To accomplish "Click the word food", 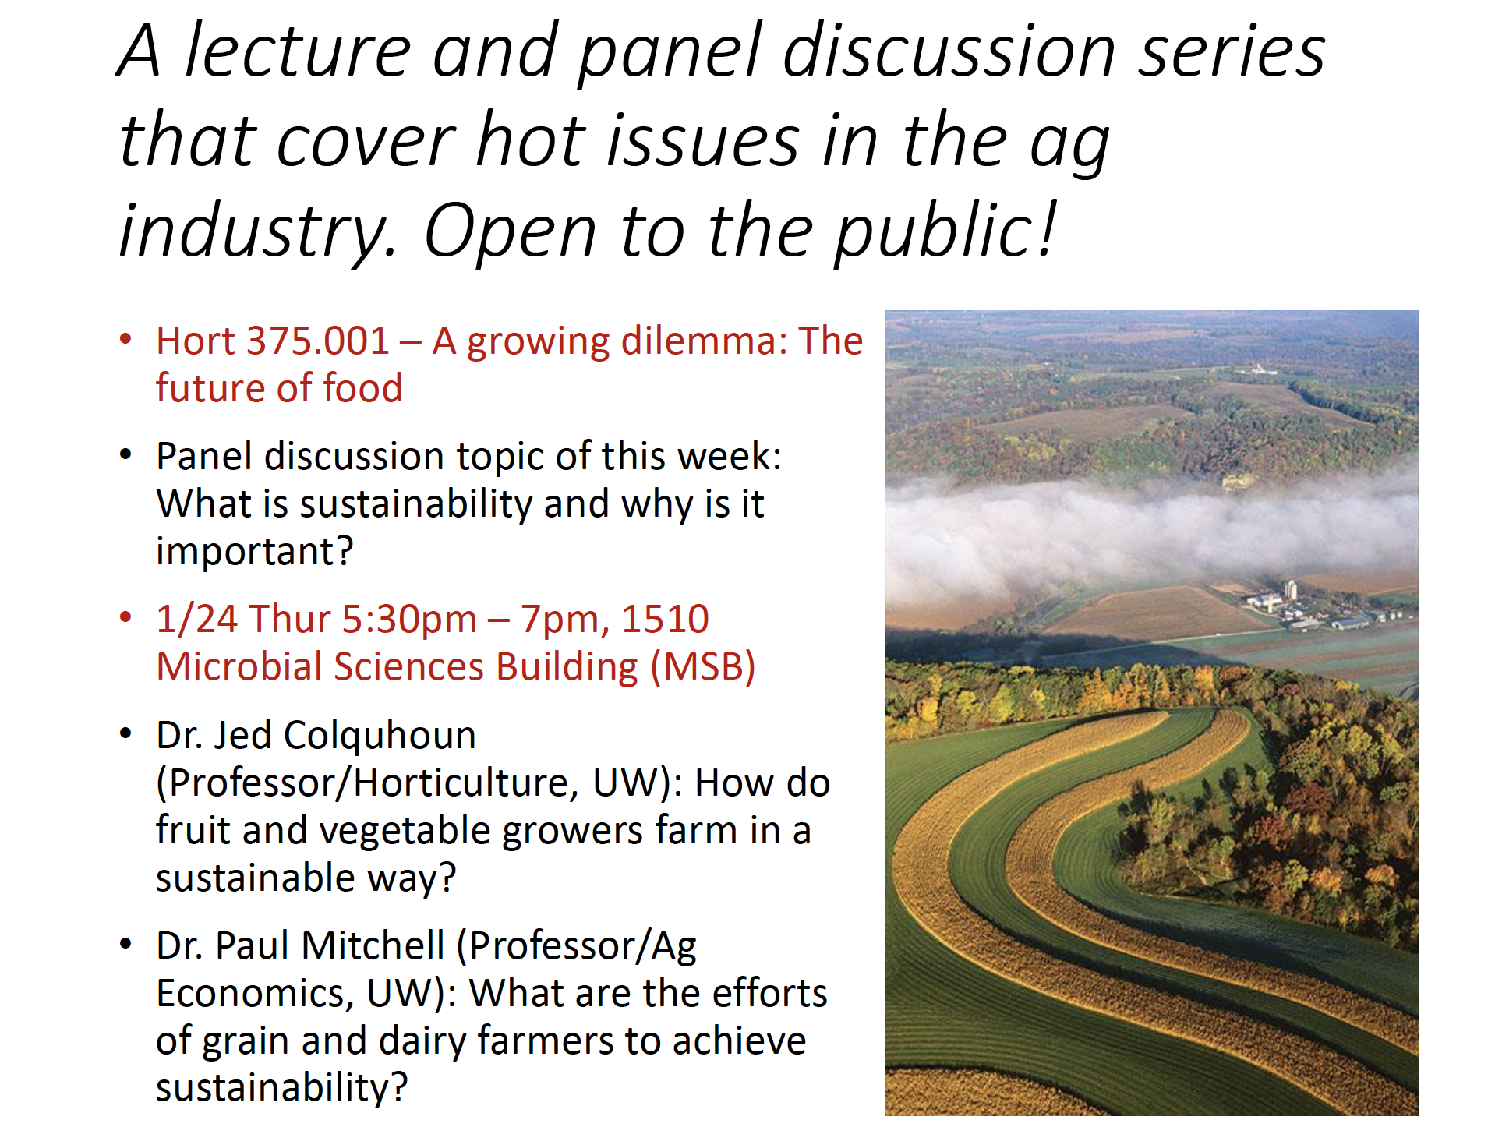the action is click(362, 388).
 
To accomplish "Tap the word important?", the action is click(255, 552).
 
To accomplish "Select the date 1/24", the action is click(197, 620).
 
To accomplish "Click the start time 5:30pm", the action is click(409, 620).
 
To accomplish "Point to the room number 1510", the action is click(665, 620).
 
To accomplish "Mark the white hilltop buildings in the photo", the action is click(1256, 369).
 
